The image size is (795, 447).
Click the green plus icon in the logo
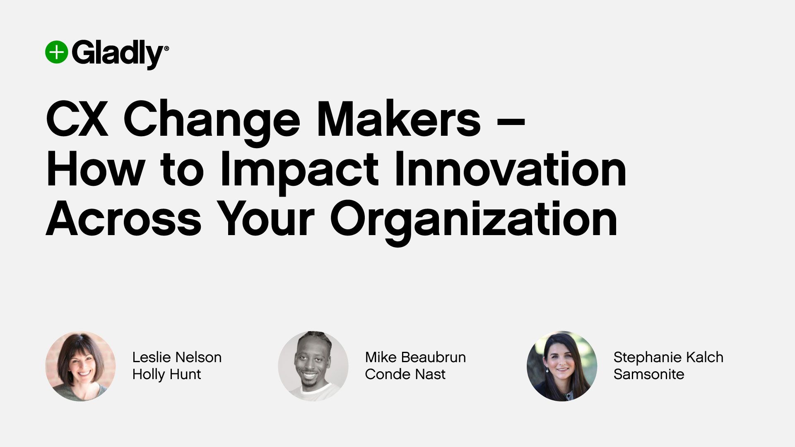[56, 53]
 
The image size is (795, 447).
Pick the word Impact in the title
[299, 170]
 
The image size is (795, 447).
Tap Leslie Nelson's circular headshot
[80, 366]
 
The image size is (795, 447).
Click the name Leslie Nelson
[177, 357]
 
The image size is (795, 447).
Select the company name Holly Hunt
[166, 374]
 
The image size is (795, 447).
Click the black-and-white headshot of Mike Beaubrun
[313, 366]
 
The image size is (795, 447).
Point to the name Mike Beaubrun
[415, 357]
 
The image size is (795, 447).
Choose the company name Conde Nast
[405, 374]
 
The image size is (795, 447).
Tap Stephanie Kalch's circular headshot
[561, 366]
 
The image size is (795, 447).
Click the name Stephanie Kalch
[668, 357]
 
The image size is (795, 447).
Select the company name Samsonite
[648, 374]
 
